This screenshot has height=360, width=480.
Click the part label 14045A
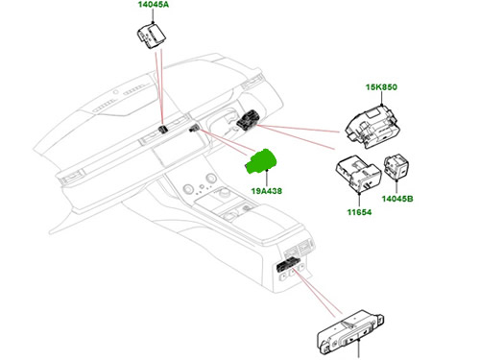click(x=154, y=5)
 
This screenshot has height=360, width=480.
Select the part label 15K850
click(x=381, y=87)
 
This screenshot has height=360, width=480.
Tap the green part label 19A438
click(x=267, y=191)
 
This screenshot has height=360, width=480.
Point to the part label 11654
click(x=359, y=212)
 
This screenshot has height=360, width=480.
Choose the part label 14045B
click(x=397, y=199)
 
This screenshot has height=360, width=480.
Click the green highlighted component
click(x=261, y=162)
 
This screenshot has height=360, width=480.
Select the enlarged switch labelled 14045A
click(x=152, y=36)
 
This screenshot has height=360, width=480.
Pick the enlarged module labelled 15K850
click(x=373, y=127)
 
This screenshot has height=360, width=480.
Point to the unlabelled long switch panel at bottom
click(x=350, y=333)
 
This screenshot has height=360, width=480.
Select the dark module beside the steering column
click(x=248, y=120)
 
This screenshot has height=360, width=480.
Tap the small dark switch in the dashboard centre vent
click(x=163, y=130)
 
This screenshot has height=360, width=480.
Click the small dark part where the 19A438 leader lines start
click(x=194, y=129)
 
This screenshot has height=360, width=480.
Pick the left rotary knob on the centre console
click(x=188, y=189)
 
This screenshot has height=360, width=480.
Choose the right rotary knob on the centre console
click(x=211, y=178)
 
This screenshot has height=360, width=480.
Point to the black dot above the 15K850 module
click(x=382, y=105)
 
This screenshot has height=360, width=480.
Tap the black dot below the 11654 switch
click(x=359, y=193)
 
